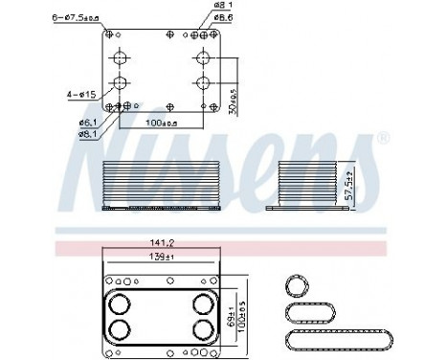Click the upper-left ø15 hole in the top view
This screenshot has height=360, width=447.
tap(119, 55)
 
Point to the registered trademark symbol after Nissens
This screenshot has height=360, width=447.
tap(383, 140)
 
